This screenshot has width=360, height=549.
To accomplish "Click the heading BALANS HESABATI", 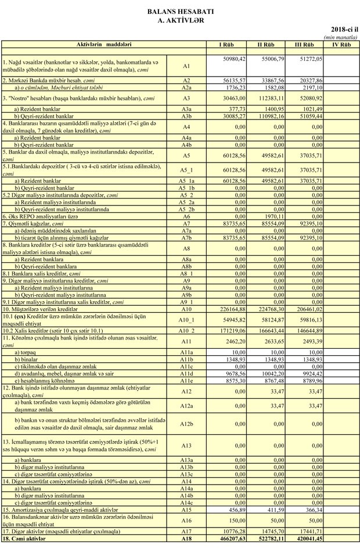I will (180, 11).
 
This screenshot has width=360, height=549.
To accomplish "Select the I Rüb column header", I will (226, 45).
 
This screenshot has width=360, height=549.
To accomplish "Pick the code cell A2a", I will (186, 87).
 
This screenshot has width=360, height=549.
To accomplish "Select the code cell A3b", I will (186, 115).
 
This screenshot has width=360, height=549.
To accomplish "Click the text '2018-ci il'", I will (344, 28).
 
